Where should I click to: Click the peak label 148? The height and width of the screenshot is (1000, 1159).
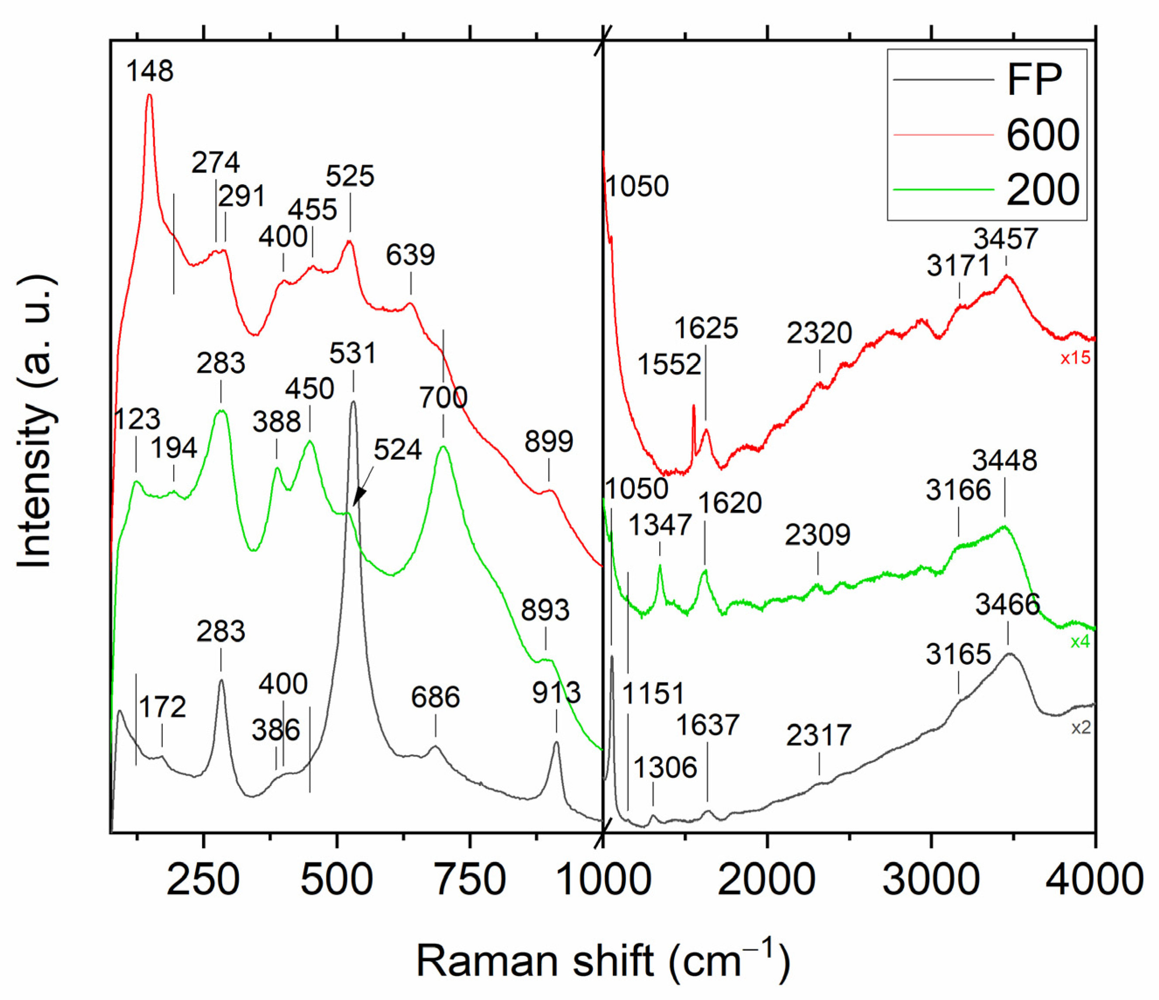point(149,71)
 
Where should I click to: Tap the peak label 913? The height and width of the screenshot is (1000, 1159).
point(556,694)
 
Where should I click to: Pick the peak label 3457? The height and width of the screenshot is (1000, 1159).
point(1006,239)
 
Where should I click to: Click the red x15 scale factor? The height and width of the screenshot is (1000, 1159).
point(1075,358)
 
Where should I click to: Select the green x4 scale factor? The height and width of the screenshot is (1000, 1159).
point(1080,642)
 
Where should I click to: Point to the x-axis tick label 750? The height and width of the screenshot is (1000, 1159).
point(470,880)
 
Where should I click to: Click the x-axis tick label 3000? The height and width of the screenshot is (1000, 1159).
point(930,880)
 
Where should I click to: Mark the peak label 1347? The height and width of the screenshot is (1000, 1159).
point(660,526)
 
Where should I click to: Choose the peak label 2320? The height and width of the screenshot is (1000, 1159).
point(819,333)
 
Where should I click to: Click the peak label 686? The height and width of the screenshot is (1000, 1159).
point(435,698)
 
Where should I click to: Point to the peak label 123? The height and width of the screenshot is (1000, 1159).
point(137,419)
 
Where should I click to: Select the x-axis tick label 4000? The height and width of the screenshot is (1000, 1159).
point(1094,880)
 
